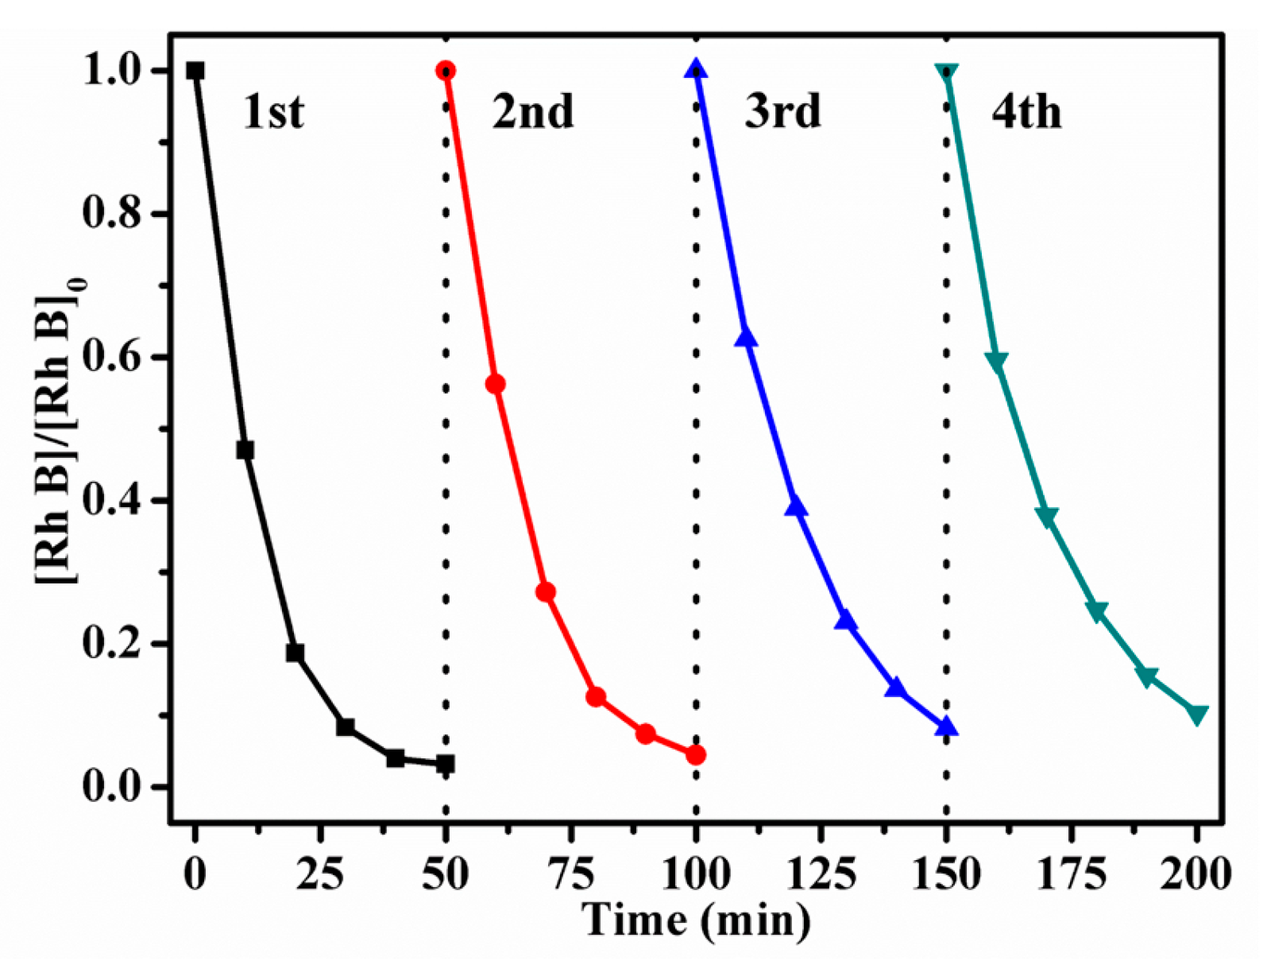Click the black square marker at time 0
click(195, 72)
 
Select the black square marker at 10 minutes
click(245, 451)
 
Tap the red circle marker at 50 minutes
click(446, 71)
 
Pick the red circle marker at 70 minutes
click(546, 592)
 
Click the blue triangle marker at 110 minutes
click(746, 338)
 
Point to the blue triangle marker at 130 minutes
click(846, 621)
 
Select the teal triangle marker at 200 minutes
click(1197, 714)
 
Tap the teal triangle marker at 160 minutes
click(997, 362)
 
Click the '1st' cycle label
click(273, 111)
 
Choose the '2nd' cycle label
click(532, 111)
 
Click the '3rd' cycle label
click(782, 111)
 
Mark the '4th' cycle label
click(1026, 111)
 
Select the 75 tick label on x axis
click(570, 874)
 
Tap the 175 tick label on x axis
click(1072, 874)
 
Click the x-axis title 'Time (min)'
click(697, 920)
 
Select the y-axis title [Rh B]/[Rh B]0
click(60, 429)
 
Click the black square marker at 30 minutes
click(346, 727)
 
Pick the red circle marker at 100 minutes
click(696, 754)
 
